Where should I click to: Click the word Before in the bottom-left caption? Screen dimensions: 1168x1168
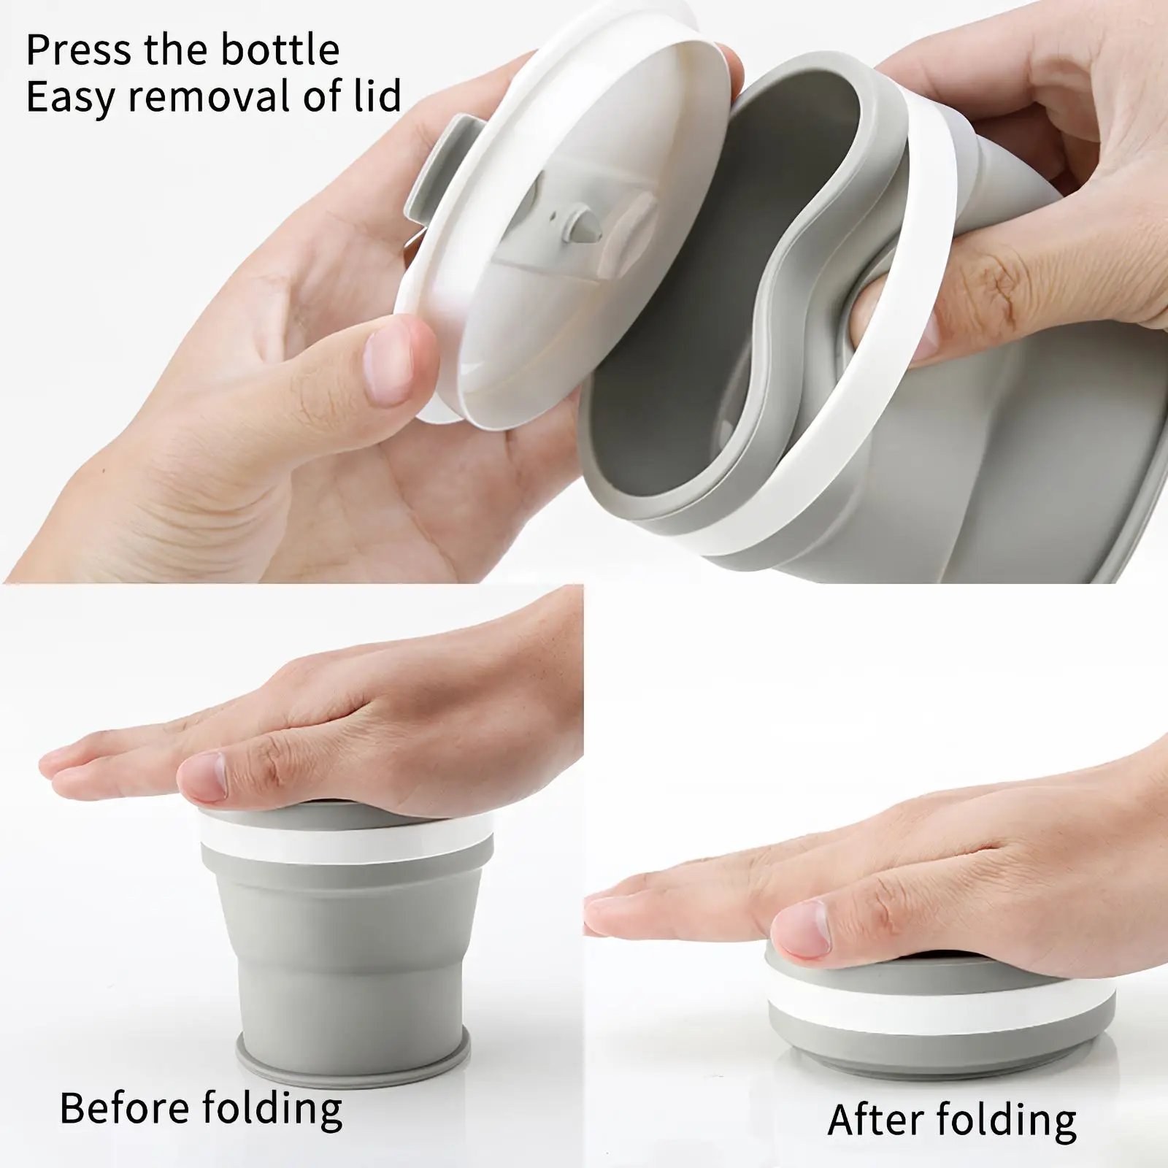pos(124,1107)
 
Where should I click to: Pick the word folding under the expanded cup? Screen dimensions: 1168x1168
pos(272,1109)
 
